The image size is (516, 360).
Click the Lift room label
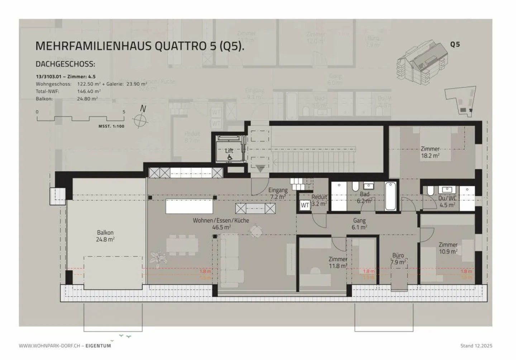[229, 151]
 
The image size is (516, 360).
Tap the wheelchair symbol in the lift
[230, 157]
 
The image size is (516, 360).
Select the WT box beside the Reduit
[305, 205]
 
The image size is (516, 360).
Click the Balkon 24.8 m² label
[105, 236]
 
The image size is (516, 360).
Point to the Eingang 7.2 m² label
[278, 194]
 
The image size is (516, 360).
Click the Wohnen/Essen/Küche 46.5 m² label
[221, 224]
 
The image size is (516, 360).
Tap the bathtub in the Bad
[390, 196]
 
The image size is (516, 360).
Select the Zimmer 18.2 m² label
[430, 152]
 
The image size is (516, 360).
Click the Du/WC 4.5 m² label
[447, 202]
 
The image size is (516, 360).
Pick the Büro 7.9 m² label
[398, 259]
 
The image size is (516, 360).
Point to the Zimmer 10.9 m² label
[448, 248]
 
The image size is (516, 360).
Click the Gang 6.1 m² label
[359, 224]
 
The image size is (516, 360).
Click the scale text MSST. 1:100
[111, 127]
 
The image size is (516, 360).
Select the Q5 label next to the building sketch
[455, 45]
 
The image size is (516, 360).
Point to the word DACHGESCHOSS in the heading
[65, 65]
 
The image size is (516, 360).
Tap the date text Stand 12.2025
[476, 346]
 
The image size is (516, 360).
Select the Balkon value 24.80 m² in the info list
[87, 99]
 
